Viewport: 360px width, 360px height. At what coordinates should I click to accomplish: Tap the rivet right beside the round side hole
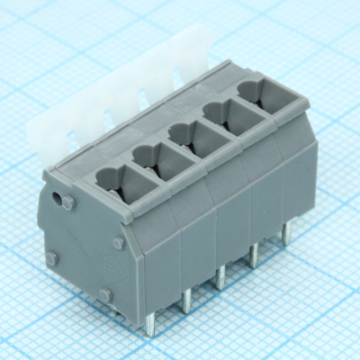71,202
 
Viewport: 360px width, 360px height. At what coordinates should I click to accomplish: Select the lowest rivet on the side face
106,294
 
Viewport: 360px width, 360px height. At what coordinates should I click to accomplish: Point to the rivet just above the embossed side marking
118,243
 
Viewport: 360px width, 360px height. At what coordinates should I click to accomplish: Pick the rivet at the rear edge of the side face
51,258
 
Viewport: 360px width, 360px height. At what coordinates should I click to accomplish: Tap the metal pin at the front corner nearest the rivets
150,322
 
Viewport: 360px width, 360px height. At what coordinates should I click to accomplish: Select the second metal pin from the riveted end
186,301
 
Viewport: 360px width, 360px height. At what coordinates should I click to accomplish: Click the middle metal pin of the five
220,277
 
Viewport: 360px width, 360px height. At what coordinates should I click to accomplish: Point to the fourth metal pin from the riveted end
255,255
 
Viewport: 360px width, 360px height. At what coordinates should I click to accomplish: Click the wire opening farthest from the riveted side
260,90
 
